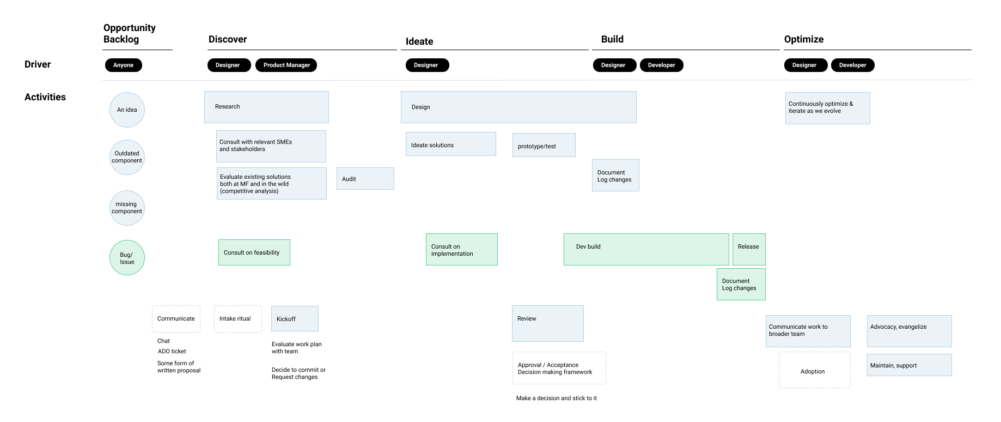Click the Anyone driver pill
click(124, 65)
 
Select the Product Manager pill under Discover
click(286, 65)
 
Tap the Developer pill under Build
click(662, 65)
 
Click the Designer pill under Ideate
click(428, 65)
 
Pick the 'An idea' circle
click(127, 110)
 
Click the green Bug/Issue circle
click(127, 258)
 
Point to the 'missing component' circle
click(127, 208)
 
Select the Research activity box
click(266, 107)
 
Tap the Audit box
click(365, 179)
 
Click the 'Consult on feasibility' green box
click(254, 252)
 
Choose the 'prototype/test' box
click(544, 145)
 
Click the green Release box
click(749, 250)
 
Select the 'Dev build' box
click(646, 250)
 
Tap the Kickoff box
click(295, 319)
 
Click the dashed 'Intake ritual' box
click(238, 319)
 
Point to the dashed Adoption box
click(815, 370)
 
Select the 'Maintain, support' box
click(910, 365)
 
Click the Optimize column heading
click(804, 39)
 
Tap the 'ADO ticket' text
click(172, 352)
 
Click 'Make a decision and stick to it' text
click(557, 399)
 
